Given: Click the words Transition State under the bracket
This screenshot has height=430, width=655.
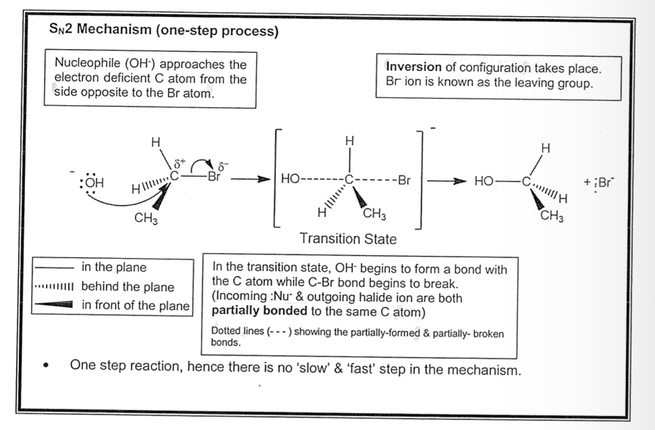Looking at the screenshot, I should (348, 239).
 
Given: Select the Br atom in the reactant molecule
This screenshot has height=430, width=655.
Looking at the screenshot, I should (214, 177).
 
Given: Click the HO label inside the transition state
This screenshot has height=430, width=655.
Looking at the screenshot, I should (290, 180).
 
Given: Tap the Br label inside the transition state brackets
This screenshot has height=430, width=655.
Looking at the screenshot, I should (404, 180).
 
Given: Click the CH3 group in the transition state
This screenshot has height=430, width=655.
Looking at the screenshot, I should (374, 214).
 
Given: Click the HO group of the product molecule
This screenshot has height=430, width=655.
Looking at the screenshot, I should (484, 182).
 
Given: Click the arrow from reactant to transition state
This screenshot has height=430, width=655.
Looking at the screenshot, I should (250, 180).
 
